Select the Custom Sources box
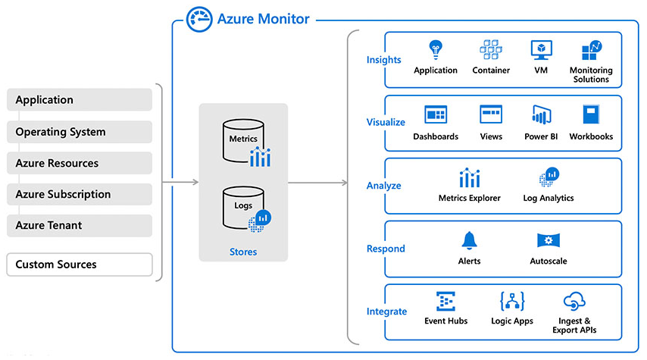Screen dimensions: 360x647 click(80, 265)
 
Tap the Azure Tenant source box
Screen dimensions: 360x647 click(80, 225)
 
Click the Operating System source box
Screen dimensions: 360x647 click(80, 132)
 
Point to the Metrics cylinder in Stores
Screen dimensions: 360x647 click(243, 139)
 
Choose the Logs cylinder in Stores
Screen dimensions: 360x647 click(243, 206)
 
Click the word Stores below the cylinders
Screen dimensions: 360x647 click(243, 252)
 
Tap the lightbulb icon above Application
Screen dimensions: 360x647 click(436, 50)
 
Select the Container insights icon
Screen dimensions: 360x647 click(491, 50)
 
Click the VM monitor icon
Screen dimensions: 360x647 click(541, 50)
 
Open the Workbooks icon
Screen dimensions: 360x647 click(591, 115)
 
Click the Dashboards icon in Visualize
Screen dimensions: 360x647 click(436, 115)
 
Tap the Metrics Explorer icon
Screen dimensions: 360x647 click(470, 178)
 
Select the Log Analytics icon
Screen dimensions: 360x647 click(549, 177)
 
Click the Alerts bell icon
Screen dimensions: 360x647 click(470, 241)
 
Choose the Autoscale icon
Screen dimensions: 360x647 click(549, 241)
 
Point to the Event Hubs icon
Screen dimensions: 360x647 click(446, 302)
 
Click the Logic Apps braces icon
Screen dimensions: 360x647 click(513, 302)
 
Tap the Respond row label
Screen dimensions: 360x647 click(386, 249)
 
